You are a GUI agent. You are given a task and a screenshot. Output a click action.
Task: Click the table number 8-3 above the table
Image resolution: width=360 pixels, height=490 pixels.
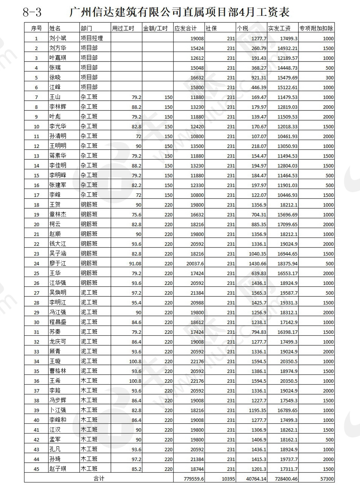[32, 13]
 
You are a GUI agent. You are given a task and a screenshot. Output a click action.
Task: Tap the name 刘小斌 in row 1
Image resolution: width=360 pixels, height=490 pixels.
[58, 38]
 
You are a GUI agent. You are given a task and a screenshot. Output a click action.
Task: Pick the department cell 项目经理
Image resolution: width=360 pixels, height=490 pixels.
[91, 38]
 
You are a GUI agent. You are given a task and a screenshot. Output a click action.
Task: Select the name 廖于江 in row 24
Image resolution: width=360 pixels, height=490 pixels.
[58, 263]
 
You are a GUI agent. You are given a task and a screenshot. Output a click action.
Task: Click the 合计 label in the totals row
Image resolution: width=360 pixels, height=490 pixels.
[99, 478]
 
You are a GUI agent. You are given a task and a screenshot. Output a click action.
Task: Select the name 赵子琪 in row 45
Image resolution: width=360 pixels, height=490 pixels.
[58, 469]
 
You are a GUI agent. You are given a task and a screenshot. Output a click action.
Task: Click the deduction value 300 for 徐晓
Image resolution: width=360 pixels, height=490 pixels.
[329, 78]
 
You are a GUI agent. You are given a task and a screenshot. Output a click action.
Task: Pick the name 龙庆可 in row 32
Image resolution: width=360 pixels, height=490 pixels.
[58, 342]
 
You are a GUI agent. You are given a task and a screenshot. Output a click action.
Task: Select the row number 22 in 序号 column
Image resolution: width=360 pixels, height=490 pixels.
[36, 244]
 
